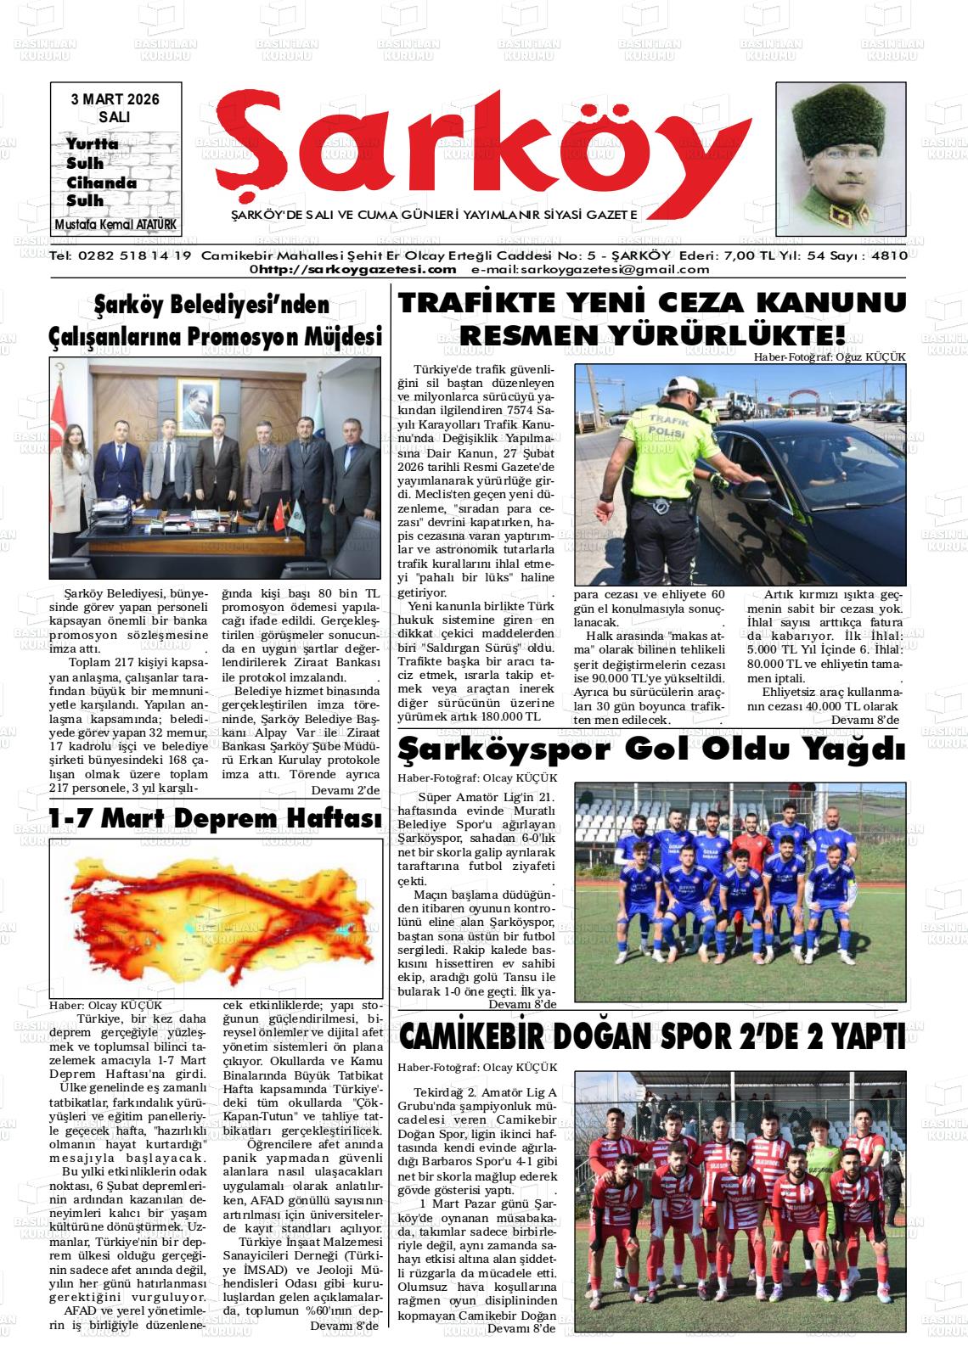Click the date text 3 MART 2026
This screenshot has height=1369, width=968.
pyautogui.click(x=115, y=99)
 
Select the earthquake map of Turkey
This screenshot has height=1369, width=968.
pyautogui.click(x=216, y=919)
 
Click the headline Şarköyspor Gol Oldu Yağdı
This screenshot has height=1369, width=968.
pyautogui.click(x=651, y=750)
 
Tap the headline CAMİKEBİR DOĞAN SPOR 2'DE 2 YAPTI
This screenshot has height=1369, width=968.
pyautogui.click(x=651, y=1036)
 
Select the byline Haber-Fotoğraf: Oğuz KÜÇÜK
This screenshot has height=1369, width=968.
pyautogui.click(x=830, y=357)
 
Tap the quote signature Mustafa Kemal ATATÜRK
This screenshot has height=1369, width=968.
pyautogui.click(x=119, y=225)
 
